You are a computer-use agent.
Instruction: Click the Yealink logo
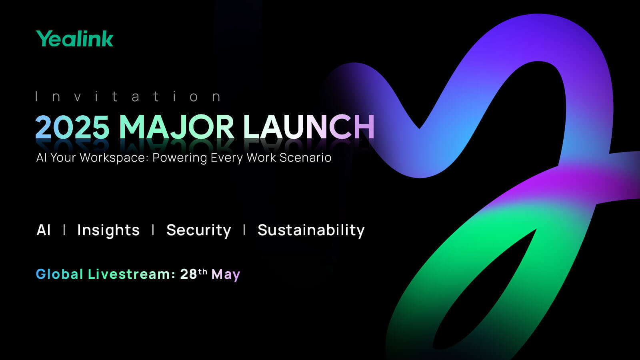pyautogui.click(x=74, y=38)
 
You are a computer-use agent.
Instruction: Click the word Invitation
pyautogui.click(x=128, y=96)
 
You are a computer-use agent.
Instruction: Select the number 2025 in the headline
pyautogui.click(x=72, y=127)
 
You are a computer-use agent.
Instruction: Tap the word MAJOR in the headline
pyautogui.click(x=176, y=127)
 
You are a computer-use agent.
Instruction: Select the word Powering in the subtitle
pyautogui.click(x=180, y=158)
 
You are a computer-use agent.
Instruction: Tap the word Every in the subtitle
pyautogui.click(x=227, y=158)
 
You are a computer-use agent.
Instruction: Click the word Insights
pyautogui.click(x=108, y=230)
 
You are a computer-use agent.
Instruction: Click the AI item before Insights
pyautogui.click(x=44, y=230)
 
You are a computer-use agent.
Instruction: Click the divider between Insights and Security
pyautogui.click(x=153, y=230)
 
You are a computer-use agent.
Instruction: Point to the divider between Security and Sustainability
pyautogui.click(x=244, y=230)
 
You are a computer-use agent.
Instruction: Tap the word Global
pyautogui.click(x=60, y=274)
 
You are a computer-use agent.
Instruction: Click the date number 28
pyautogui.click(x=188, y=274)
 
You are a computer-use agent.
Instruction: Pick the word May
pyautogui.click(x=226, y=275)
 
